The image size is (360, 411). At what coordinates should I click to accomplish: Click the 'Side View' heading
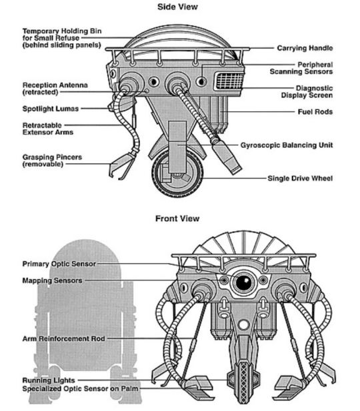click(x=177, y=7)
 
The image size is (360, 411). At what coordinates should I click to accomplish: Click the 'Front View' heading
click(x=177, y=218)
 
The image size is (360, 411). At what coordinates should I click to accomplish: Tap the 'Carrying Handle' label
click(x=305, y=48)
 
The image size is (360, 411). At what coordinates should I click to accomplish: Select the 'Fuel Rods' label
click(x=315, y=112)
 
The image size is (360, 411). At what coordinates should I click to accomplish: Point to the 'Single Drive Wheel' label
click(x=300, y=179)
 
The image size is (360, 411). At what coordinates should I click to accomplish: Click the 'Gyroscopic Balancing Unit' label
click(x=287, y=145)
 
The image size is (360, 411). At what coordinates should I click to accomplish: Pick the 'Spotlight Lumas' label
click(x=51, y=109)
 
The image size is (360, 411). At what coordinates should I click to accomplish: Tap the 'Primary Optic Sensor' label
click(x=59, y=264)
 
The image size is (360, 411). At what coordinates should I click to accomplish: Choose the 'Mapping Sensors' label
click(x=52, y=280)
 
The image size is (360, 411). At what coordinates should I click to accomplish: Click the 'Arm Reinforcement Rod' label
click(x=64, y=338)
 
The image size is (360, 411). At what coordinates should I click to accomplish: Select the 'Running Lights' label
click(x=49, y=380)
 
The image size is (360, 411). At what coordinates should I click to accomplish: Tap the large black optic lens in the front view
click(x=244, y=282)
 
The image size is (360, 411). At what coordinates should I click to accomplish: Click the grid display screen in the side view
click(x=229, y=81)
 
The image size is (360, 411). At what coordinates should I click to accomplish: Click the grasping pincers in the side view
click(x=121, y=165)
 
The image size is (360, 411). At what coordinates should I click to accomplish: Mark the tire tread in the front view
click(x=244, y=382)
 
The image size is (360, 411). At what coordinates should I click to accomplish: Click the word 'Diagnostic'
click(x=315, y=88)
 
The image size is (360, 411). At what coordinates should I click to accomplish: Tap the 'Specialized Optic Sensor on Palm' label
click(x=80, y=389)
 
